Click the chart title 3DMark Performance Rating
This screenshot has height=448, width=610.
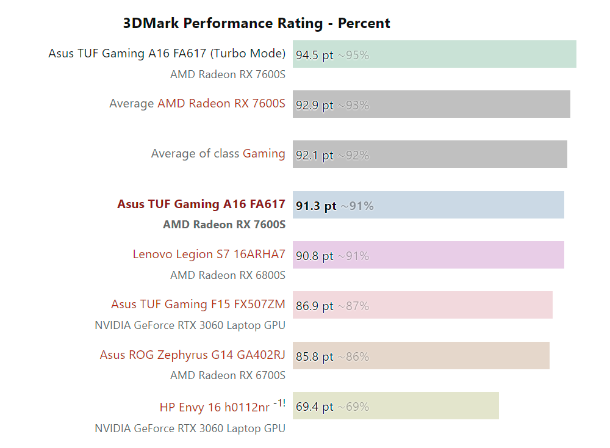pos(256,24)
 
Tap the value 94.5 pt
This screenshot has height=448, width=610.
pos(314,55)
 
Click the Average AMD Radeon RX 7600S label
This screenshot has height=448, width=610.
pos(197,104)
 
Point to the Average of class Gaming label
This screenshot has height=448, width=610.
pos(218,154)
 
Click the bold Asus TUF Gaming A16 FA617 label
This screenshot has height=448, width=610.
pos(201,204)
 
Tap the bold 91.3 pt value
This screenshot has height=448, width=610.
pos(316,206)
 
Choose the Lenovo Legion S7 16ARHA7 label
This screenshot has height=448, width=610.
pos(209,255)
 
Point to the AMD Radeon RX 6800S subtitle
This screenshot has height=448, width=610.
pos(228,275)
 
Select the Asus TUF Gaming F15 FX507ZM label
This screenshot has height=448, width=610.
pos(198,305)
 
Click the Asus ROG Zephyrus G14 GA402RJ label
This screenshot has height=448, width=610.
pos(192,355)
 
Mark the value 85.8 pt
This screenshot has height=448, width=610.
pos(314,357)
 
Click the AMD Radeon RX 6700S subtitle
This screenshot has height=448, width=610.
pos(228,375)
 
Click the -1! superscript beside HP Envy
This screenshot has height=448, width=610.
pos(279,403)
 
